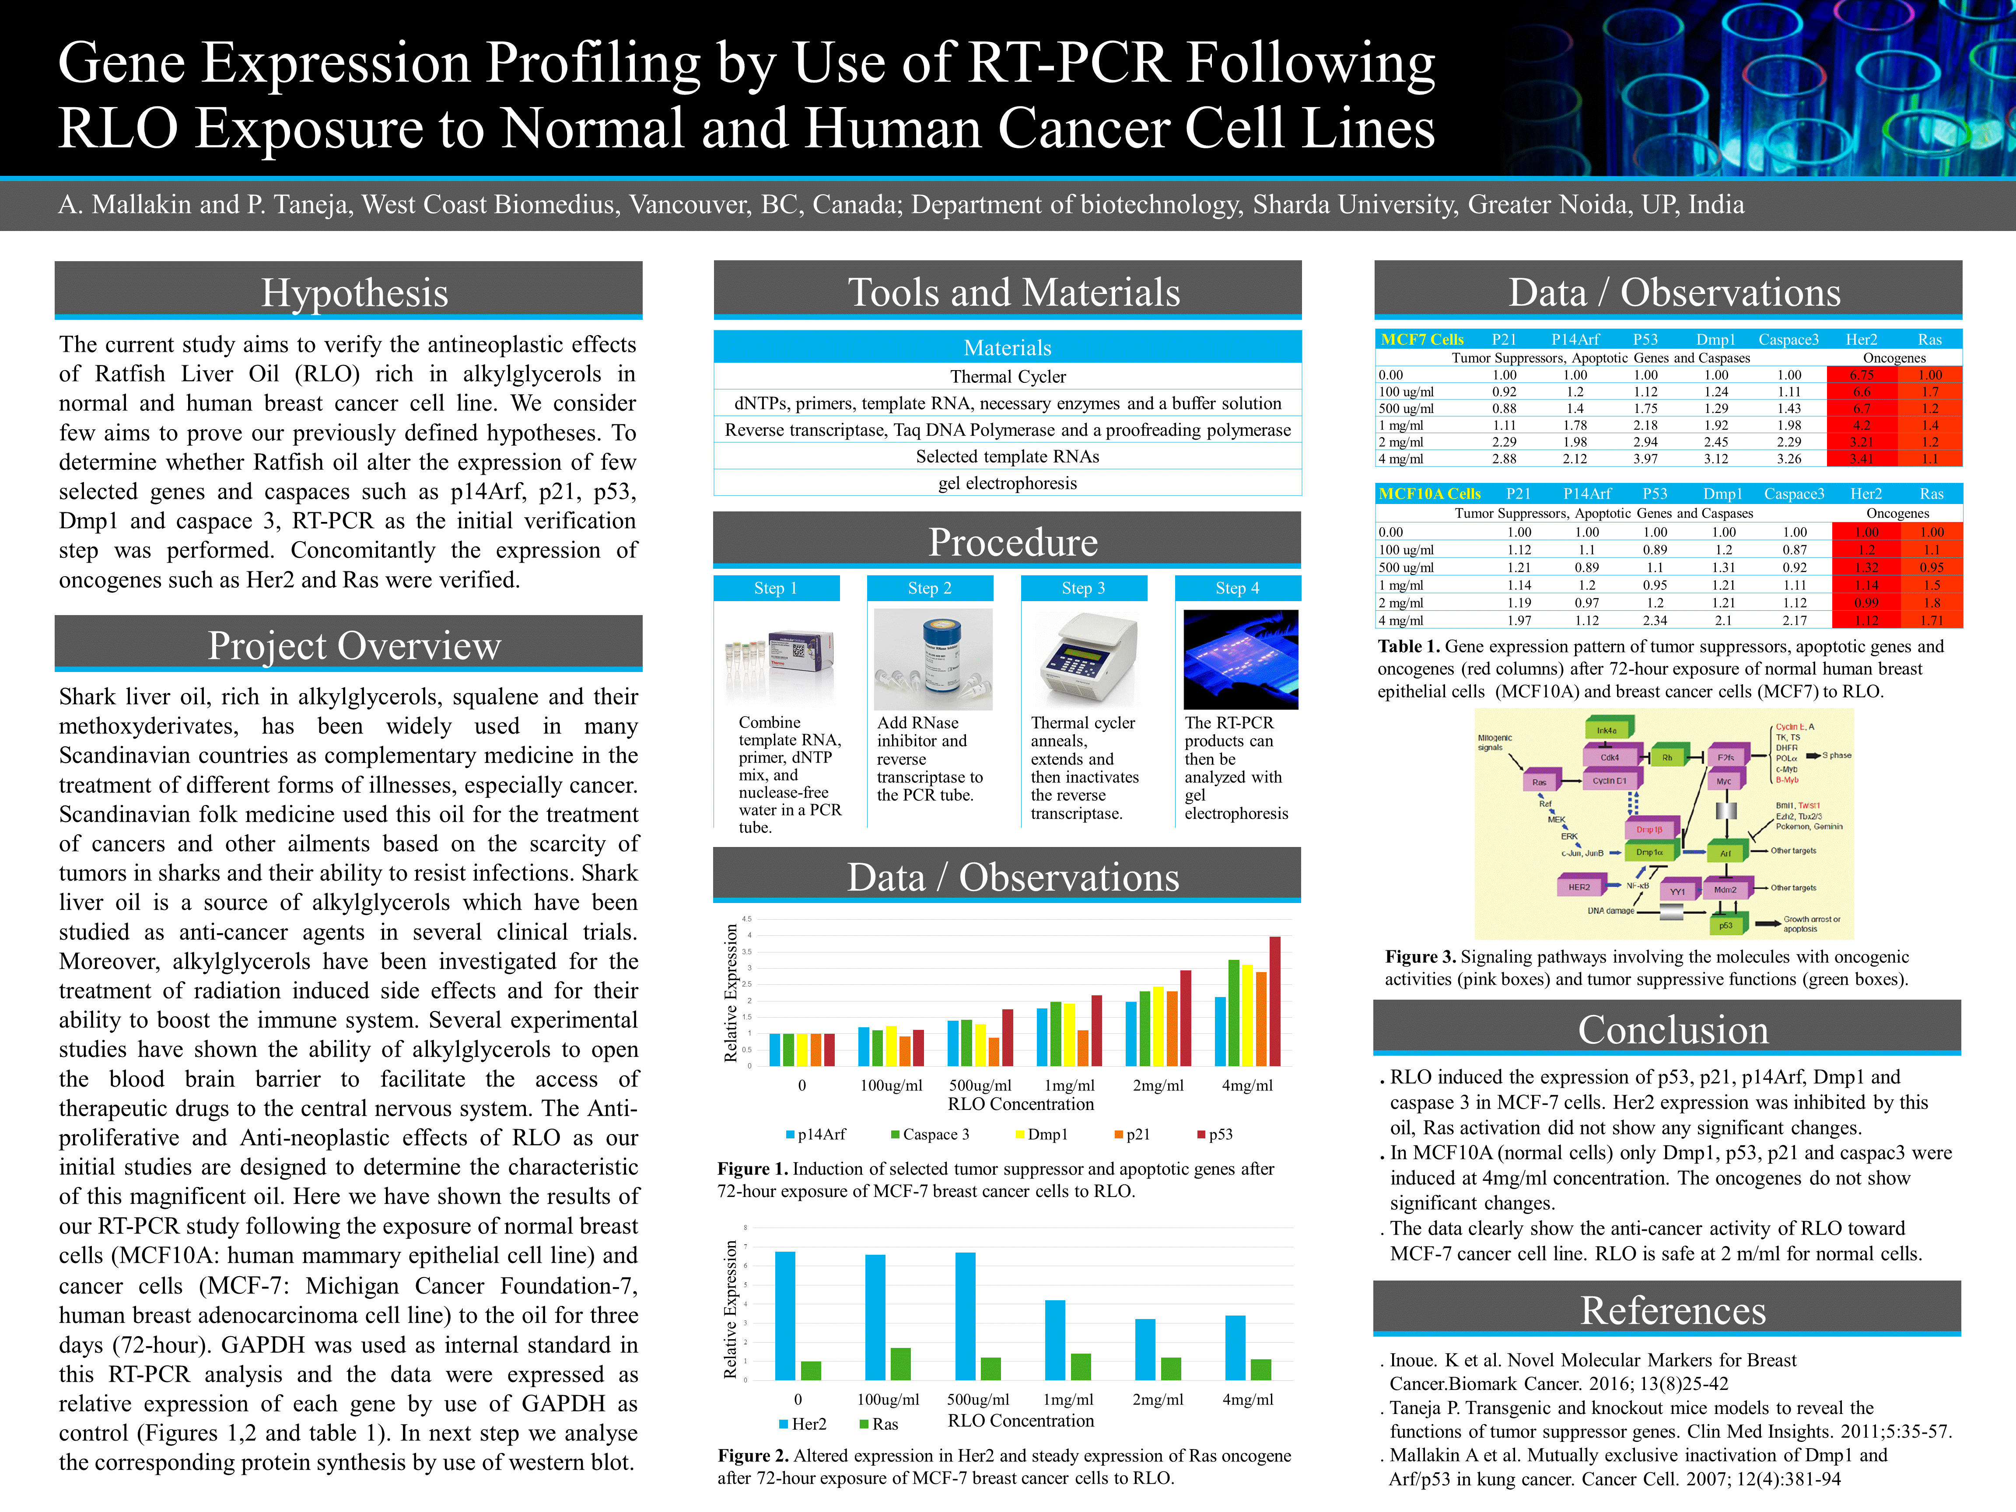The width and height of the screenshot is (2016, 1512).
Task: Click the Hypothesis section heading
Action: [x=354, y=293]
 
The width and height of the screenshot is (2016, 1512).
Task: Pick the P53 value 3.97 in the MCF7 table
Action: [x=1645, y=458]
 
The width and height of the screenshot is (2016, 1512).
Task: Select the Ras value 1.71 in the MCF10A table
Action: [x=1931, y=620]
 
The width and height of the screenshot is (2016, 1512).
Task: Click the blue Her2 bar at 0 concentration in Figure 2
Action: [x=785, y=1315]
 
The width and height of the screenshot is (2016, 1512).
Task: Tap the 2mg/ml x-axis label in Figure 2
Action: [x=1158, y=1399]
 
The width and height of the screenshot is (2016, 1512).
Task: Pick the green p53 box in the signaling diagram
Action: [x=1725, y=925]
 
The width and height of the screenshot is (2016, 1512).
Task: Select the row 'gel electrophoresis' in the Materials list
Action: [x=1007, y=483]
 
